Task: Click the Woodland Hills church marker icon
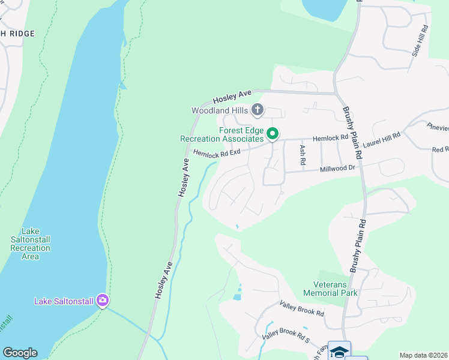click(258, 110)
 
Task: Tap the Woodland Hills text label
click(220, 110)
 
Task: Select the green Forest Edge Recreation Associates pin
click(273, 134)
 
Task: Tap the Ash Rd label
click(303, 156)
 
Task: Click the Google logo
click(20, 353)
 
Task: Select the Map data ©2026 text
click(423, 355)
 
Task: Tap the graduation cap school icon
click(339, 351)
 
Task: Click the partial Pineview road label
click(438, 128)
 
